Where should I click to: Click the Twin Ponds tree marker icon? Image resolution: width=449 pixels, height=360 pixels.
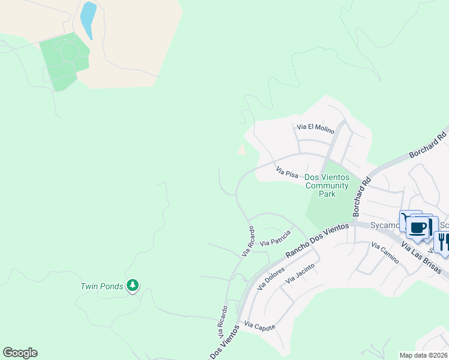pos(133,286)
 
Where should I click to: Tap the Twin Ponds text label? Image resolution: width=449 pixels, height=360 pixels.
pos(101,286)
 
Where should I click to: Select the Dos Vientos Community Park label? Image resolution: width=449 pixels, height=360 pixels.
pos(327,181)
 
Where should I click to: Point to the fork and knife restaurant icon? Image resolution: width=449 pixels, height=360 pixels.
pos(443,242)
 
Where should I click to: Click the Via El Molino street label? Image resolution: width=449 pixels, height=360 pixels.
pos(314,127)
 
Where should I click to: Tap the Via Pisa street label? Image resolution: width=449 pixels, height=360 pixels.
pos(287,172)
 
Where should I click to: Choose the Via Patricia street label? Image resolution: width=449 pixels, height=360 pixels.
pos(276,238)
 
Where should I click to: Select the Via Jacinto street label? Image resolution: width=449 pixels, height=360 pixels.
pos(299,274)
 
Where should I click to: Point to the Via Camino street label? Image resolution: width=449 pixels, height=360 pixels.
pos(385,253)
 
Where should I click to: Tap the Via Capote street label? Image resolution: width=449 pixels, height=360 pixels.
pos(259,326)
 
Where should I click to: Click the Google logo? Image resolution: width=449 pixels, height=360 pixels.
pos(20,353)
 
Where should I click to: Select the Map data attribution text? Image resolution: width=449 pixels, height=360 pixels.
pos(424,355)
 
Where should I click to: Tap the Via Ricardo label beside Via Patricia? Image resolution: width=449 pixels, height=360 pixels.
pos(247,241)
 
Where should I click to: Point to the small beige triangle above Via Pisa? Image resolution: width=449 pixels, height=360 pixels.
pos(241,150)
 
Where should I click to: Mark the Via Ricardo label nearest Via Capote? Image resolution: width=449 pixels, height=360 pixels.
pos(222,321)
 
